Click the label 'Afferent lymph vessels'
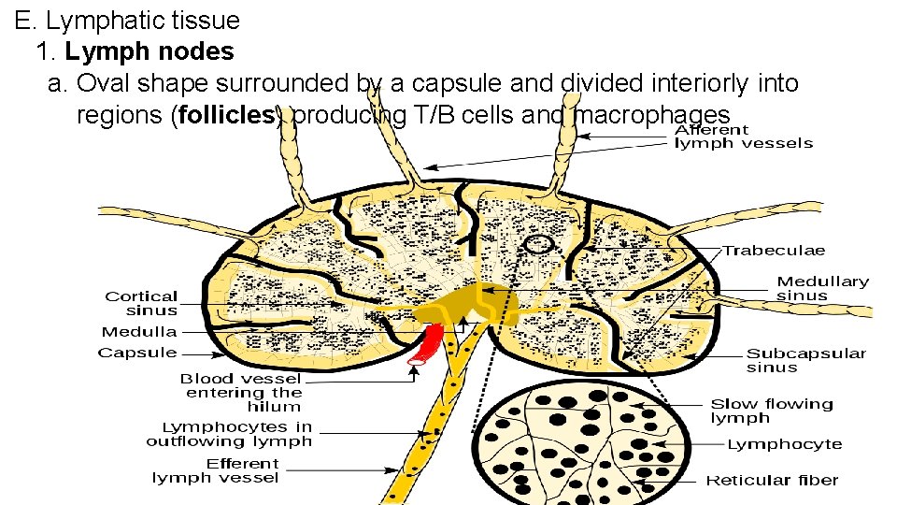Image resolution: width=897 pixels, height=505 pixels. [743, 137]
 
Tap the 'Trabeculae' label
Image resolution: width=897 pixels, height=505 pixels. [775, 251]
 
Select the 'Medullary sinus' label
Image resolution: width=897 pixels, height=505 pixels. [822, 288]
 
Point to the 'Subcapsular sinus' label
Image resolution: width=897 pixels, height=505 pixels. [805, 360]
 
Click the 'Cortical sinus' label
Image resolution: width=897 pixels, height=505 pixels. [141, 303]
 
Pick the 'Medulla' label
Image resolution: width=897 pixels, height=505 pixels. [139, 332]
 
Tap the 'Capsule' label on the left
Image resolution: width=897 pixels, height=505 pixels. [137, 353]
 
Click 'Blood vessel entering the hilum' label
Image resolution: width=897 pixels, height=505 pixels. [241, 393]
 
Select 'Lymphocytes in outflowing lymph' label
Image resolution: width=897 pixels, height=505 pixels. [229, 434]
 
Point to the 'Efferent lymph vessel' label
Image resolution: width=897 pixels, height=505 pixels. [216, 470]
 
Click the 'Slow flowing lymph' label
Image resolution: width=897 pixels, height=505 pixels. [771, 411]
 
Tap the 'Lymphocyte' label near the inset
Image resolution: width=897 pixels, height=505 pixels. [784, 444]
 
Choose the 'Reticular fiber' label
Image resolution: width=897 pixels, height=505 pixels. [772, 481]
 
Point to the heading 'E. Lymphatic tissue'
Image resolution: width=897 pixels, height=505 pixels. [127, 19]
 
